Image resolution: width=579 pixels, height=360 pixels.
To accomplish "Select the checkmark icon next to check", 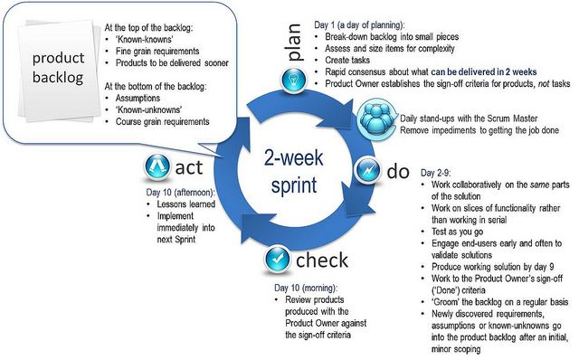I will tap(277, 261).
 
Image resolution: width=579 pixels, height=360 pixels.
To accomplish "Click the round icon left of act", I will tap(157, 167).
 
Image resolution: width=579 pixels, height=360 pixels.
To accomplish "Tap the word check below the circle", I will tap(321, 261).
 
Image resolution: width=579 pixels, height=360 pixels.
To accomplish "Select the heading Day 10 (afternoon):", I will tap(181, 191).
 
